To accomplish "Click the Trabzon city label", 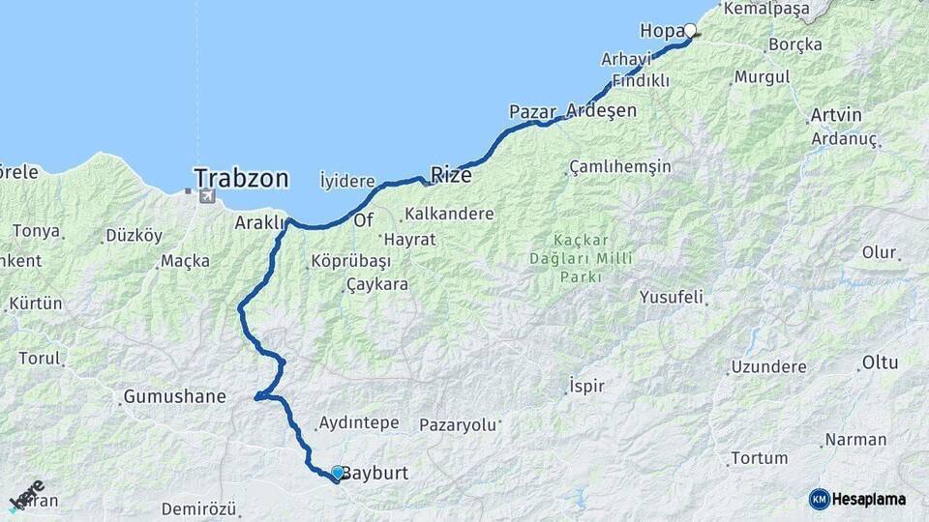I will click(241, 179).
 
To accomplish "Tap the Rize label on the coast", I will click(451, 176).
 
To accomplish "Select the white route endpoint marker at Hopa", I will click(690, 30).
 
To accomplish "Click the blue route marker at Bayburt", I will click(337, 473).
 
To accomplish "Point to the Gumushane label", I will click(174, 396).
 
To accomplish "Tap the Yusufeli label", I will click(671, 297).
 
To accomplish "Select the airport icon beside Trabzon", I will click(206, 197).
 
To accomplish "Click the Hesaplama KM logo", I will click(857, 499).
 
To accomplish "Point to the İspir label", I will click(586, 386).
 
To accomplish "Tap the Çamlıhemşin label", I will click(620, 166).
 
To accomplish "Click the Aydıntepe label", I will click(357, 423).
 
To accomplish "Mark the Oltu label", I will click(879, 363).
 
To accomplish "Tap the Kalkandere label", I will click(450, 214).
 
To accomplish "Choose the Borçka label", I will click(794, 44).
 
